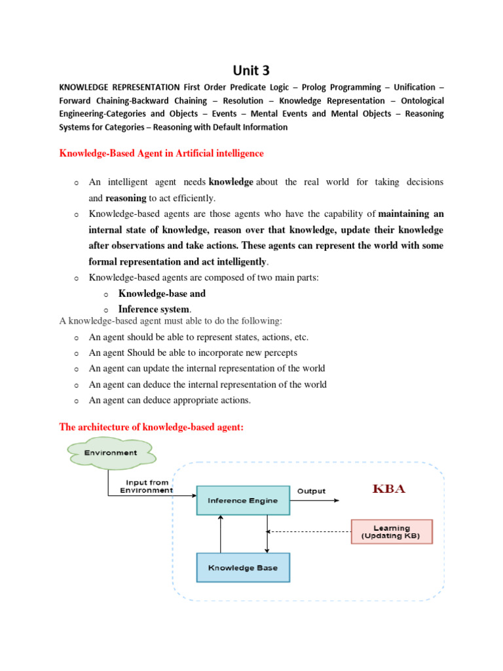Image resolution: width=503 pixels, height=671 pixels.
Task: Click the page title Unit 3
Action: [x=251, y=70]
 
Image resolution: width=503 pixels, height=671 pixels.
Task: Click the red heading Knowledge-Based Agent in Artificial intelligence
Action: [x=161, y=153]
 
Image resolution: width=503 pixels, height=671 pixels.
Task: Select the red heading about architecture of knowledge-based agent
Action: [x=151, y=427]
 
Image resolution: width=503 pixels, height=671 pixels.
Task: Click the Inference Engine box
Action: [x=242, y=501]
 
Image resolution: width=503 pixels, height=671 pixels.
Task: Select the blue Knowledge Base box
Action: [x=242, y=567]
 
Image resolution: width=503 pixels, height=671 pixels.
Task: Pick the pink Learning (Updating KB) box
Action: [x=392, y=531]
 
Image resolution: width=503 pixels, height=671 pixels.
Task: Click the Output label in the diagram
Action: [x=311, y=491]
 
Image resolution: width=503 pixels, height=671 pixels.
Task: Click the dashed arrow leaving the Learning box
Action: [x=308, y=531]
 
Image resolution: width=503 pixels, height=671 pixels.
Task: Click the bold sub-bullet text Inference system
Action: [x=155, y=309]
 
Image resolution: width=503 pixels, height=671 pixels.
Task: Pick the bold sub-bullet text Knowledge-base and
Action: [x=162, y=294]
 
